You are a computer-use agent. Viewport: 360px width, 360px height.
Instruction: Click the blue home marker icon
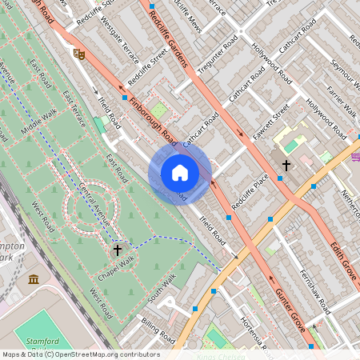[x=180, y=173]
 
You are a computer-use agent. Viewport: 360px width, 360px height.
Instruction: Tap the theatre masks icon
[x=78, y=54]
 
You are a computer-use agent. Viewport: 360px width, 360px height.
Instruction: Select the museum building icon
[x=34, y=278]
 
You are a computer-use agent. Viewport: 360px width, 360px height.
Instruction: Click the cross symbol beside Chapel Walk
[x=118, y=250]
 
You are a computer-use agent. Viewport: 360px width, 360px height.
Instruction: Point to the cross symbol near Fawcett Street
[x=286, y=166]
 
